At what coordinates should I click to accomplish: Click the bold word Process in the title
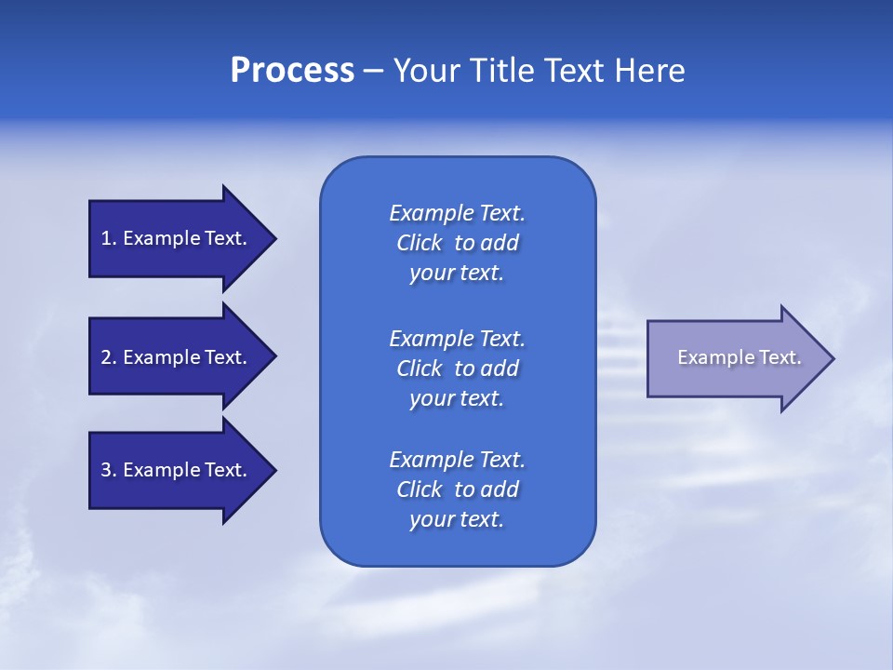tap(292, 71)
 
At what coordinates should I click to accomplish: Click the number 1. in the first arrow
tap(109, 238)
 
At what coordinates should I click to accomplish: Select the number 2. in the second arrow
tap(109, 357)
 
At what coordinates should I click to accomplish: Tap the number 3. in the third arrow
tap(109, 470)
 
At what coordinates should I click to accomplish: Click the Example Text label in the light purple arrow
tap(739, 357)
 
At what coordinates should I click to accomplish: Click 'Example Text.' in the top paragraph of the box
tap(457, 213)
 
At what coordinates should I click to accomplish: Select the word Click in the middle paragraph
tap(420, 368)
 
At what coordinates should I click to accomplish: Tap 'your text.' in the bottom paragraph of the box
tap(457, 520)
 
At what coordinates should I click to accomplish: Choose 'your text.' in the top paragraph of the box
tap(457, 274)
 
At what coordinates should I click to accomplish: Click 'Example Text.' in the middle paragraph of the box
tap(457, 338)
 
